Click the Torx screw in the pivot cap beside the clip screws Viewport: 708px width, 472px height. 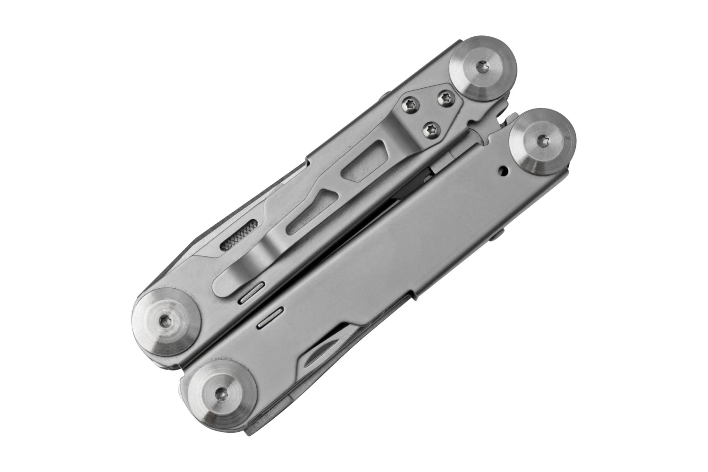[x=482, y=67]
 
